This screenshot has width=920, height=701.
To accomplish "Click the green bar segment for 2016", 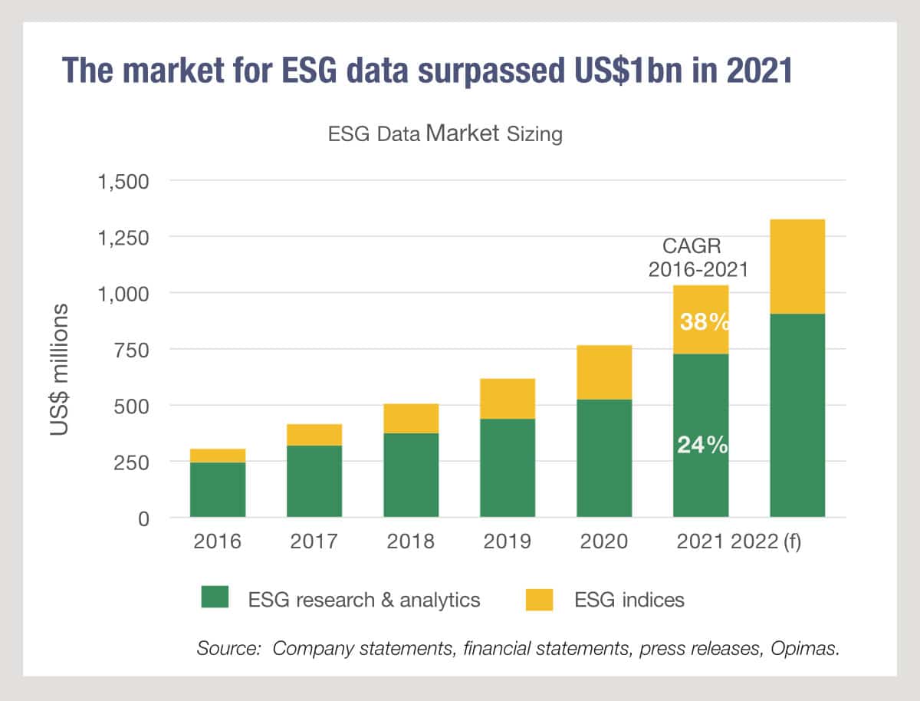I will (x=218, y=489).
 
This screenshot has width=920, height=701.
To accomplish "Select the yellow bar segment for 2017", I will (x=314, y=434).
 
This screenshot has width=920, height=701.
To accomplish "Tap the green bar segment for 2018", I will (x=411, y=475).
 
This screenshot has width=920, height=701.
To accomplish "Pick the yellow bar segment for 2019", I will (x=508, y=398).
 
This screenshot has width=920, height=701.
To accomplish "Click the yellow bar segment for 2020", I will (x=604, y=372).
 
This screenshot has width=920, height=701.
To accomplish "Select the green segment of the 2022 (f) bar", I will (x=797, y=415).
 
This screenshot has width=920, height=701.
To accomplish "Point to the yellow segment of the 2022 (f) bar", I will (x=797, y=266).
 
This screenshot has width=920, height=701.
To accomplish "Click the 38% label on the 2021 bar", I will (x=704, y=322).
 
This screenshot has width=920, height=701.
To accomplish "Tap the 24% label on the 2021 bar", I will (x=701, y=445).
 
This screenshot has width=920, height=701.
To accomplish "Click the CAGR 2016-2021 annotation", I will (x=698, y=258).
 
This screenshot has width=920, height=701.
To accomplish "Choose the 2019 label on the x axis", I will (x=508, y=541).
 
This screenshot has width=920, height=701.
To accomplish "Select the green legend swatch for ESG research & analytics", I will (x=215, y=598).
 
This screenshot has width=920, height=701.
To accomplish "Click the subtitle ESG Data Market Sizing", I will (x=445, y=134).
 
